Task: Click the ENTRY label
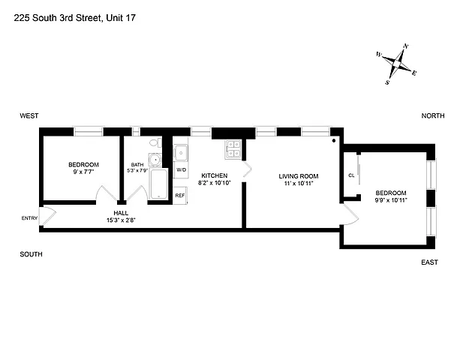29,218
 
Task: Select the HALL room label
120,212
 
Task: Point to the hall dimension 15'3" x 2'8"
120,220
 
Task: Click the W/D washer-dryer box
181,170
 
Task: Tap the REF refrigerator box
180,195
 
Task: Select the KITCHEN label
214,175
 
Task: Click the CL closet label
351,176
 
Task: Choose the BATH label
137,165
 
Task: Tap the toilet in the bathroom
155,142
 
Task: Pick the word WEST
29,115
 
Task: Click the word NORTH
432,115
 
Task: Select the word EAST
429,262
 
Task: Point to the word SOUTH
31,254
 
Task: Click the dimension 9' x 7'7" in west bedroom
83,172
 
